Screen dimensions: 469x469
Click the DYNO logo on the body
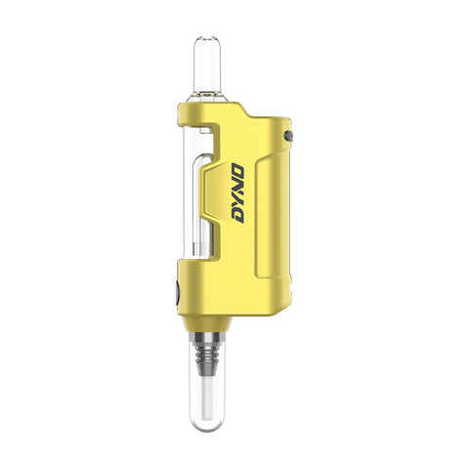pos(237,193)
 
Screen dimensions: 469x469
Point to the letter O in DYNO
pos(237,171)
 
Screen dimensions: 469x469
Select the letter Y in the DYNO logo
pos(237,201)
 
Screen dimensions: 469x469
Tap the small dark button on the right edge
pos(288,136)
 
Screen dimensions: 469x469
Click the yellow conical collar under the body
pos(208,322)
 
